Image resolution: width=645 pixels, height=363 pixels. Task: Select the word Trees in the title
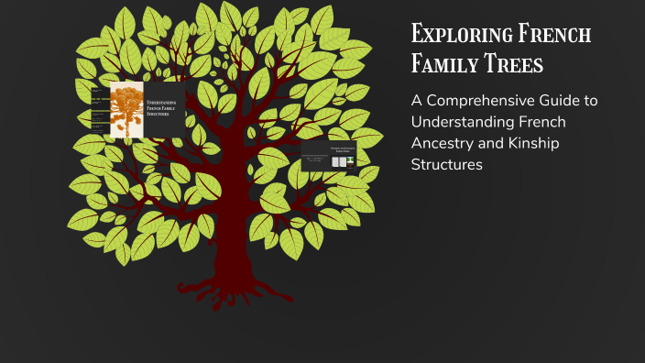510,65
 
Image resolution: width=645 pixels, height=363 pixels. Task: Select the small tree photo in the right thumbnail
350,161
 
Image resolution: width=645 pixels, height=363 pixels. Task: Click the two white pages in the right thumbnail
338,161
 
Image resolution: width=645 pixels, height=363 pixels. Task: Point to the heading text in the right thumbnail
328,148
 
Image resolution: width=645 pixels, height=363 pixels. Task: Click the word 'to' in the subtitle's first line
589,101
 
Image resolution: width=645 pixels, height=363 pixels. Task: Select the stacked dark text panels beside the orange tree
99,115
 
